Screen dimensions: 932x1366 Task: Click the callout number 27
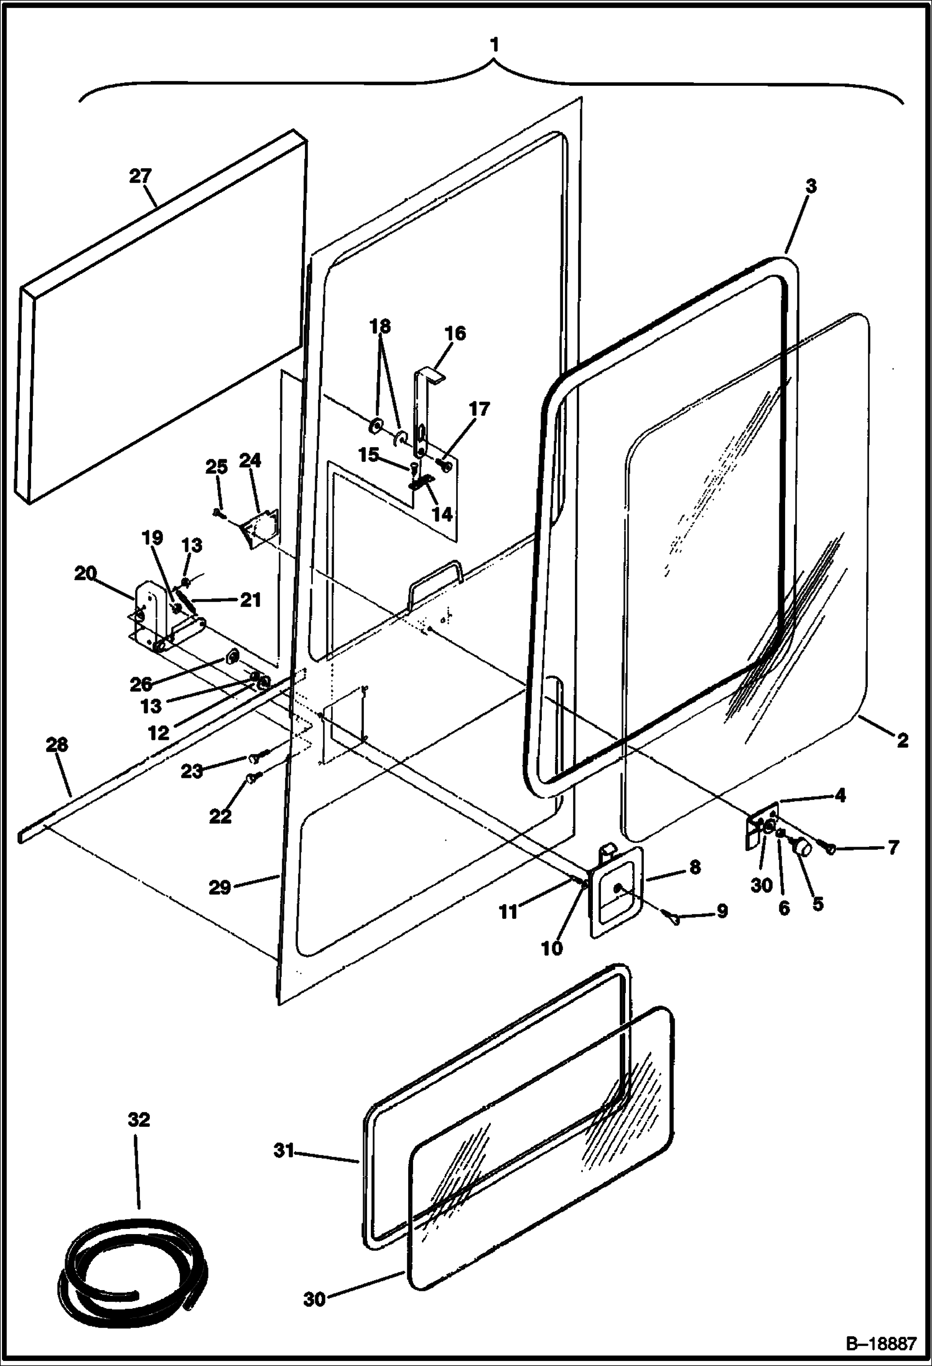(141, 176)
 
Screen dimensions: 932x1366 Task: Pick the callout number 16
(455, 333)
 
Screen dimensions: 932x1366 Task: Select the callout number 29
(220, 887)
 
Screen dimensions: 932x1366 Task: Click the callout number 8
(695, 867)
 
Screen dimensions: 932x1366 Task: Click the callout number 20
(86, 573)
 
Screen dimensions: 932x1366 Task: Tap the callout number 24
(249, 461)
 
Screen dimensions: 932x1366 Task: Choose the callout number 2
(902, 740)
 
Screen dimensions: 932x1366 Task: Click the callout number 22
(220, 816)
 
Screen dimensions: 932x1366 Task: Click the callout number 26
(141, 684)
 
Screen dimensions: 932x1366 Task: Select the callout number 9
(721, 911)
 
